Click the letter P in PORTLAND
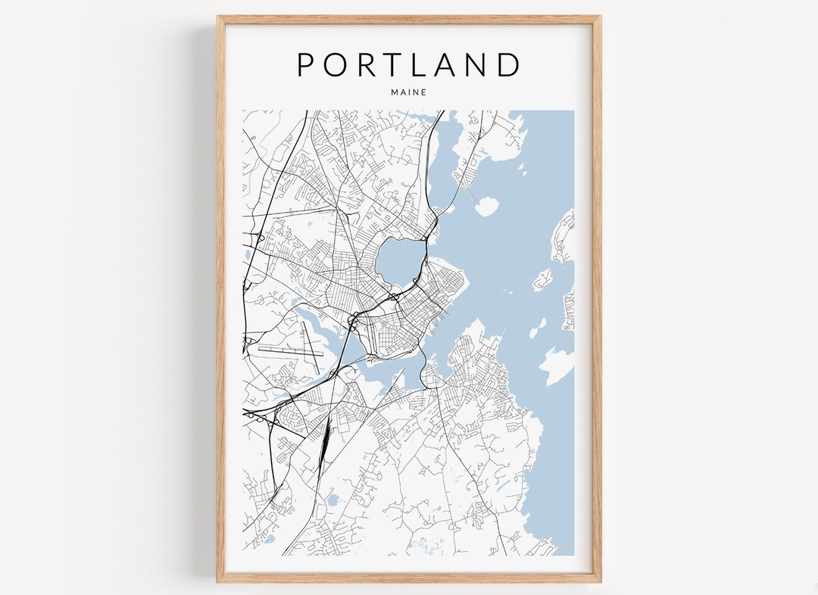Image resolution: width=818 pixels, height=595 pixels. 306,64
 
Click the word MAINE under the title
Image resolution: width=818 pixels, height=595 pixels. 409,92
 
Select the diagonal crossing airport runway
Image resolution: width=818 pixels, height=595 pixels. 311,341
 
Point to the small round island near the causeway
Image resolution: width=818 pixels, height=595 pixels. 486,206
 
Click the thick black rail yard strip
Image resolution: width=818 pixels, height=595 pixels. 325,443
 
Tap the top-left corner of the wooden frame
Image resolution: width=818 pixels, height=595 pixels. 219,17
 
